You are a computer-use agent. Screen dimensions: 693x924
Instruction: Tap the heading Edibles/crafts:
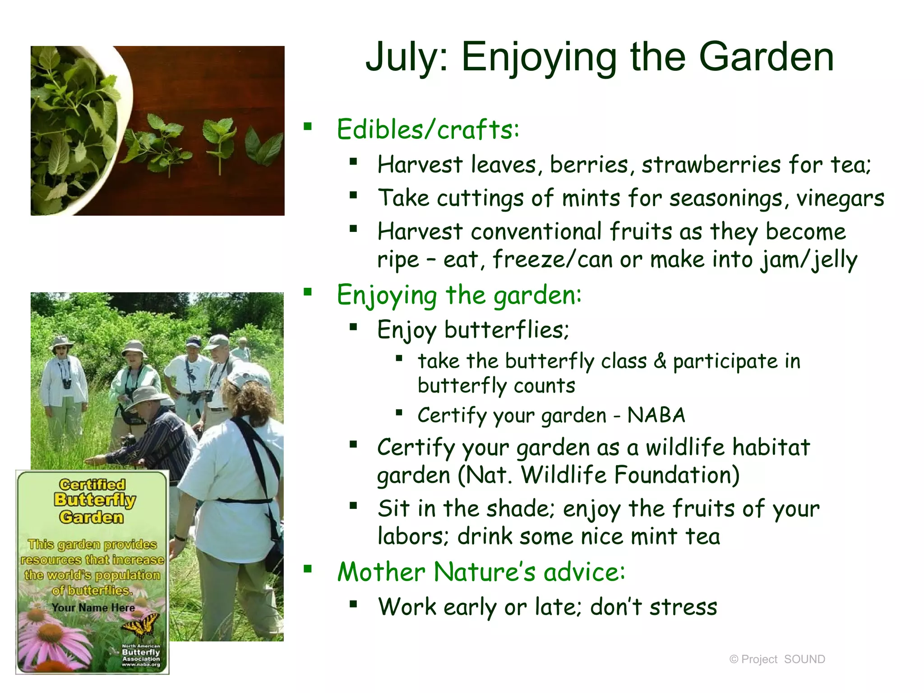tap(428, 129)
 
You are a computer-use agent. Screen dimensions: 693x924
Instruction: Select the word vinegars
tap(840, 198)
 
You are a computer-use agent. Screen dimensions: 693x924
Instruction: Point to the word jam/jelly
tap(808, 260)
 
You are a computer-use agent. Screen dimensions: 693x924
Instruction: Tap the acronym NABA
tap(656, 415)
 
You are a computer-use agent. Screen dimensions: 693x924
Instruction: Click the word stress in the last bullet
tap(683, 607)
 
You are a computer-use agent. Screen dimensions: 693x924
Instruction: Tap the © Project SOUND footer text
tap(777, 659)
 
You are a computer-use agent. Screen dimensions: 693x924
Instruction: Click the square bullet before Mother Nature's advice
tap(308, 568)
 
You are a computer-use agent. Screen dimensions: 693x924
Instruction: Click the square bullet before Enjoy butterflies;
tap(353, 327)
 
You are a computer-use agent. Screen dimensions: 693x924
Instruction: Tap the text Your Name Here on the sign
tap(93, 608)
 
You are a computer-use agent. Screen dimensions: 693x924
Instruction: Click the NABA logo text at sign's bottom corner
tap(141, 656)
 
